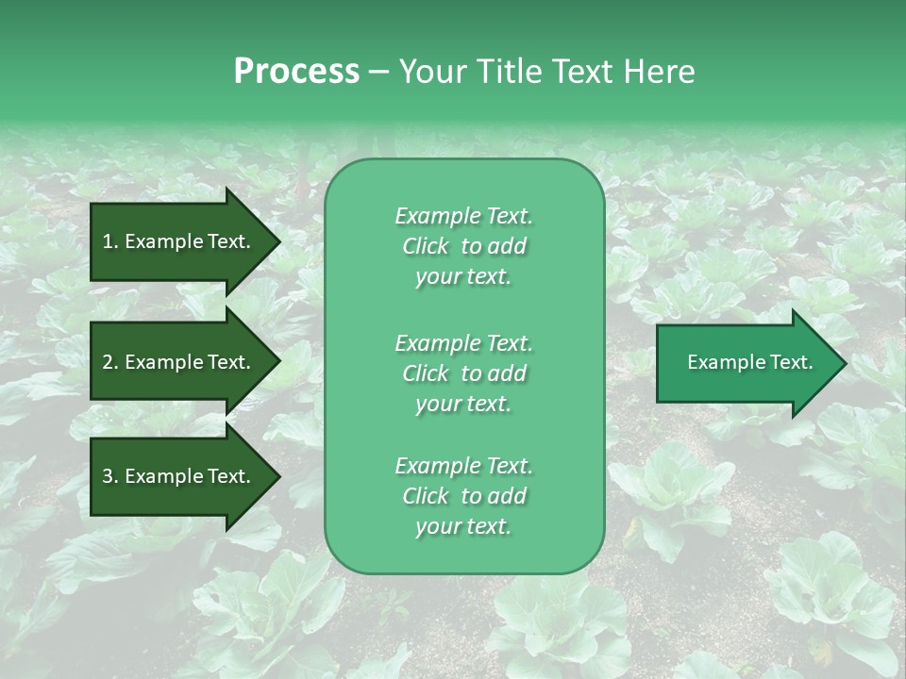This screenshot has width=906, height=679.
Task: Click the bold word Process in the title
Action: [x=296, y=72]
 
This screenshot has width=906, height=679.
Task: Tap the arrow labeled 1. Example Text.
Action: [x=179, y=241]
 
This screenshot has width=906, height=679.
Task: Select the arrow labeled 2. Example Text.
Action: [x=179, y=362]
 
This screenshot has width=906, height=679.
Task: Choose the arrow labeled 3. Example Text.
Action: [x=179, y=476]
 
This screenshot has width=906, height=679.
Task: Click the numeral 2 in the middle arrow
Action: [x=108, y=362]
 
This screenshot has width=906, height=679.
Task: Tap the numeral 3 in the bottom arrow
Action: [x=108, y=476]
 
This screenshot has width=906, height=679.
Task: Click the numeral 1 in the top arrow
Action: [x=108, y=241]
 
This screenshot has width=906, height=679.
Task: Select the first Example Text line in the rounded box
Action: [x=463, y=216]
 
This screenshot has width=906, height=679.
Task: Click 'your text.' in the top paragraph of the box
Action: [x=463, y=276]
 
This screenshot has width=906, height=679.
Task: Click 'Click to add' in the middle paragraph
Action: [x=463, y=373]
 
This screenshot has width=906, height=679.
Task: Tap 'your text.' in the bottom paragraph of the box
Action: [x=463, y=526]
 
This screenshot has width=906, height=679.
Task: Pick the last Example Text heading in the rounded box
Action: [x=463, y=466]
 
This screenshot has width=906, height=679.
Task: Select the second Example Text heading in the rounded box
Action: [x=463, y=342]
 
